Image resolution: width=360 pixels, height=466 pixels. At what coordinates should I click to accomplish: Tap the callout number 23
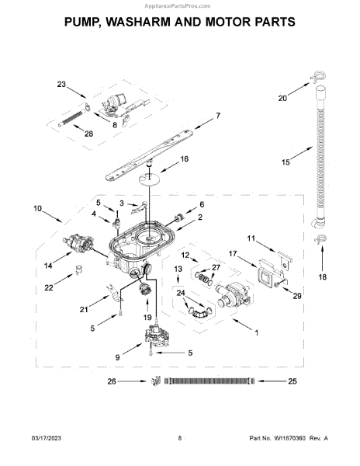[x=61, y=85]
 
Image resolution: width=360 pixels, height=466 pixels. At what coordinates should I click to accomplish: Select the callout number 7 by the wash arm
[x=218, y=116]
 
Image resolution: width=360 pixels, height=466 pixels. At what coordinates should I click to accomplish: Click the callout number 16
[x=185, y=159]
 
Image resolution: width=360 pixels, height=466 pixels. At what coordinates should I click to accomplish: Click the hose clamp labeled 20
[x=318, y=77]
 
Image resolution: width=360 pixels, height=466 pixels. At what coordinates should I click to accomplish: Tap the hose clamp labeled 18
[x=320, y=240]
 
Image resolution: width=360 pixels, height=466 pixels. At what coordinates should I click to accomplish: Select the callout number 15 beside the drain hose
[x=286, y=162]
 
